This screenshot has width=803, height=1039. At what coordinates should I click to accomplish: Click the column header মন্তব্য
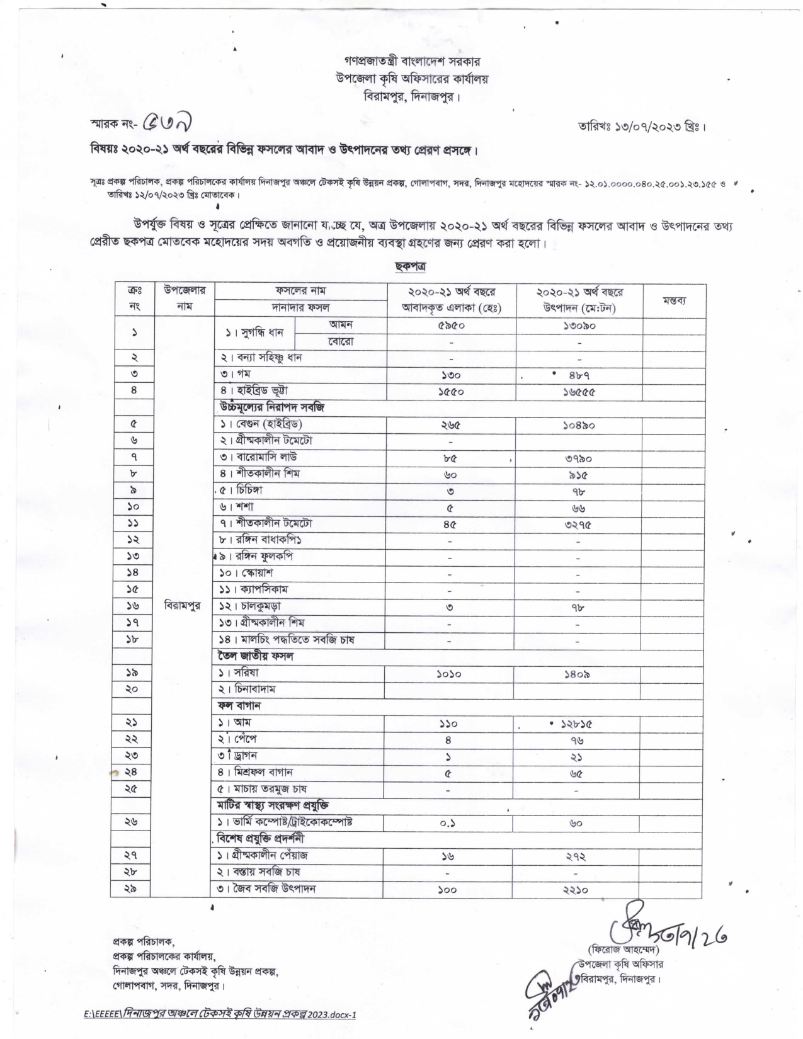[674, 300]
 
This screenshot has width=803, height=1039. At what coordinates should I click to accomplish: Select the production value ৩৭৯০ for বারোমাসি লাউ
[579, 458]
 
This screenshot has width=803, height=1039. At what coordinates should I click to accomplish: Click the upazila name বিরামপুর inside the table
[182, 605]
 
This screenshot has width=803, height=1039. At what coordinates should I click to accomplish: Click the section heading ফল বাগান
[240, 706]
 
